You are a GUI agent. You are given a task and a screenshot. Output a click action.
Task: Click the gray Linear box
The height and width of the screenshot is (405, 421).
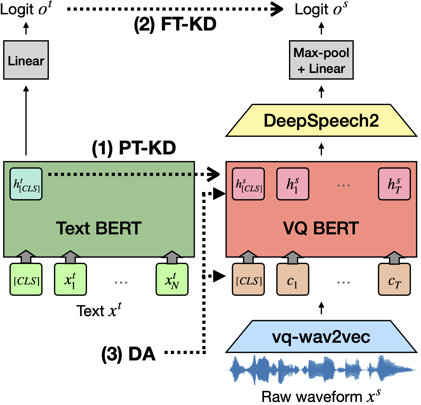tap(26, 60)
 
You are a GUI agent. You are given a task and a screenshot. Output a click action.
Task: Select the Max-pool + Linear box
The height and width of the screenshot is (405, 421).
tap(321, 60)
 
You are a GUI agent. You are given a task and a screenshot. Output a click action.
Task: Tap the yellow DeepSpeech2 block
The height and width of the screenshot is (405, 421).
tap(321, 121)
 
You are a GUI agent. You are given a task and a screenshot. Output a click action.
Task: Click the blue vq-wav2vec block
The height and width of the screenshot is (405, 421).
tap(321, 337)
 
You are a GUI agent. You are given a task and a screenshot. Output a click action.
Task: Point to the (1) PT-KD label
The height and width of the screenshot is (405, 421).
tap(134, 148)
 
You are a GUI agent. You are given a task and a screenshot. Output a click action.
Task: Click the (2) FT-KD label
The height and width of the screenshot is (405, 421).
tap(175, 24)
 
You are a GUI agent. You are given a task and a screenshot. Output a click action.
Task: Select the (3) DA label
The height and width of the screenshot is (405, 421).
tap(128, 354)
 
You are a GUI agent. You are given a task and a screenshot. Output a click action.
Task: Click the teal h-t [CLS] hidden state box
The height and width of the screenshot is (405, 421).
tap(26, 184)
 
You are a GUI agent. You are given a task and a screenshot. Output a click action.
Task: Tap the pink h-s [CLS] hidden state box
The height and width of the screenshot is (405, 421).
tap(248, 184)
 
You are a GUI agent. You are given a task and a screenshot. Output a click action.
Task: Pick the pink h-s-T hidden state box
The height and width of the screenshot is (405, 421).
tap(394, 184)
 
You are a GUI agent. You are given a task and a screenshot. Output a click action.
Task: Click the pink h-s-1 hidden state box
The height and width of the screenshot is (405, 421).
tap(293, 184)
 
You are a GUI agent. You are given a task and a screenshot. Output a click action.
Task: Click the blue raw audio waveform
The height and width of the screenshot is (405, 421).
tap(321, 369)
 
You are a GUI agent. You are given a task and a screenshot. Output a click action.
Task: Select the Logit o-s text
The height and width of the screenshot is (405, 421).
tap(321, 9)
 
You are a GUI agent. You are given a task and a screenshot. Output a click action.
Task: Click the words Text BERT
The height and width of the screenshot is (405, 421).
tap(98, 228)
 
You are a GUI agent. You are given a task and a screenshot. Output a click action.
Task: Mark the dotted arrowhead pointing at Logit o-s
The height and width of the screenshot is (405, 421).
tap(277, 9)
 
